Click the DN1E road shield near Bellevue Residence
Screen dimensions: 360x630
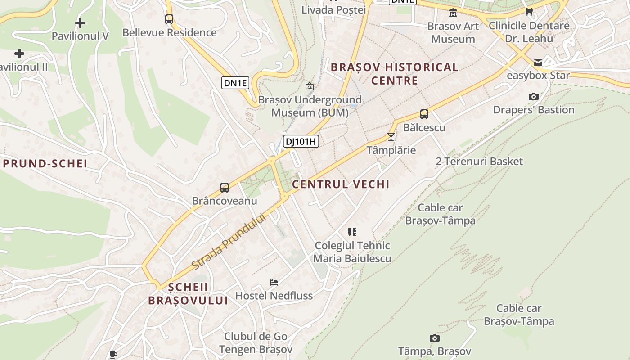click(235, 83)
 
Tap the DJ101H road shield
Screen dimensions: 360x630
click(301, 142)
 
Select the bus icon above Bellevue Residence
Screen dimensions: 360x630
click(169, 19)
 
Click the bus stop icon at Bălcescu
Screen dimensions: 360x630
click(424, 114)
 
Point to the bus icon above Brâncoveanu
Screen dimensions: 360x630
click(225, 188)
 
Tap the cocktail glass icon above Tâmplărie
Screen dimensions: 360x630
click(391, 136)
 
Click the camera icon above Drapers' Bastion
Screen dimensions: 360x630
click(534, 96)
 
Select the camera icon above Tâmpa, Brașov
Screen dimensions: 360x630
click(435, 338)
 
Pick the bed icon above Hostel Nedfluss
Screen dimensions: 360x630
click(274, 283)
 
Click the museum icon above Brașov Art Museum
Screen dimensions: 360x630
click(453, 13)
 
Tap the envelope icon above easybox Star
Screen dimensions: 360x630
click(538, 63)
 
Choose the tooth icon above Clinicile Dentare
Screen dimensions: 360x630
click(529, 12)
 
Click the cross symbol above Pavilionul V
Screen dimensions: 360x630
click(80, 22)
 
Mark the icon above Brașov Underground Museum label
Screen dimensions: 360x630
click(310, 86)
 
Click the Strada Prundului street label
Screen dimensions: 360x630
click(229, 242)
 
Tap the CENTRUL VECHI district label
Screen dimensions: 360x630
click(341, 184)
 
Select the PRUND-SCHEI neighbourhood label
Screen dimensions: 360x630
click(45, 163)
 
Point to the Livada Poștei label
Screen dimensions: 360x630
click(333, 9)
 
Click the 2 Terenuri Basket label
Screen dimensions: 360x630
click(479, 161)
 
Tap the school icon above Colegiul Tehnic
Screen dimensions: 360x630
click(352, 232)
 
